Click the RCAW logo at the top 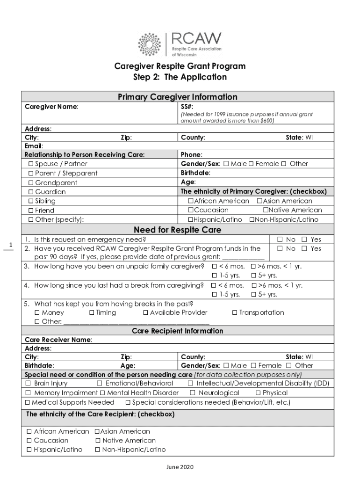[x=180, y=44]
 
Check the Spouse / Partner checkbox [x=31, y=164]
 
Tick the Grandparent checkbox [x=31, y=183]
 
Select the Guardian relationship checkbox [x=31, y=192]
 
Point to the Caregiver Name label [x=51, y=107]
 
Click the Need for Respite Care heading [x=177, y=230]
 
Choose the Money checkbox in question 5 [x=37, y=313]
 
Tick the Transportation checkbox [x=235, y=313]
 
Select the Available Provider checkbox [x=145, y=313]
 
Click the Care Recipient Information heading [x=177, y=331]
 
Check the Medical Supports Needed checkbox [x=28, y=403]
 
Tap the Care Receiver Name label [x=58, y=340]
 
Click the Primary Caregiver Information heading [x=177, y=97]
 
